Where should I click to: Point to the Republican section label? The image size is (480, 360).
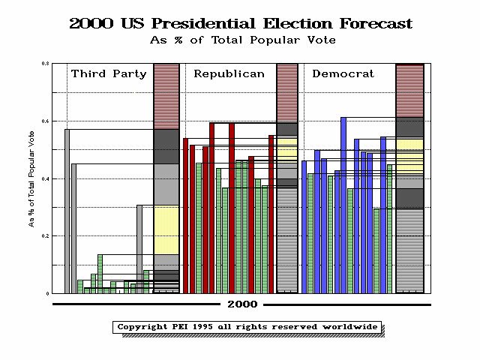tap(229, 73)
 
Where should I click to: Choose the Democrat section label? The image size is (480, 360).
tap(342, 73)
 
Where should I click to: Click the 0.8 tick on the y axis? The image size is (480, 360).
tap(46, 64)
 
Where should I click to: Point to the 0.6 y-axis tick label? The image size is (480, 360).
tap(46, 121)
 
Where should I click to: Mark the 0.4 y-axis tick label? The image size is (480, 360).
tap(46, 178)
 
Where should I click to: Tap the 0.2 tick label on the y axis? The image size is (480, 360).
tap(46, 235)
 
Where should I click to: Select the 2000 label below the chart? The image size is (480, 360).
tap(241, 304)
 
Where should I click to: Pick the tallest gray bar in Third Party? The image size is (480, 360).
tap(67, 210)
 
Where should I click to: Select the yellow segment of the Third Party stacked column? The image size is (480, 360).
tap(166, 229)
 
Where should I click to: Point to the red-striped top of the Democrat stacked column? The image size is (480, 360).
tap(409, 91)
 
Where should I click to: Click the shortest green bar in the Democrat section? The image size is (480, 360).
tap(376, 250)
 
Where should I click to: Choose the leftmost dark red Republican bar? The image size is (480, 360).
tap(186, 215)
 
